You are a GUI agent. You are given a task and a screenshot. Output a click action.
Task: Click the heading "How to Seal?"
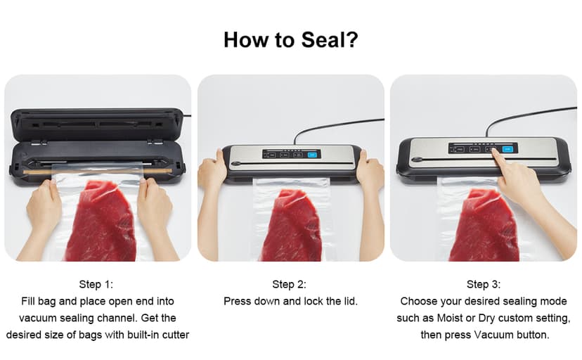(290, 39)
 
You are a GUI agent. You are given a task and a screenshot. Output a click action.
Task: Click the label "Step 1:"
(96, 284)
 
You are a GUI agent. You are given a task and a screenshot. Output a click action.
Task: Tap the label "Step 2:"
(290, 284)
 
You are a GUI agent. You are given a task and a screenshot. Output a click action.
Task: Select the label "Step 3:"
(484, 284)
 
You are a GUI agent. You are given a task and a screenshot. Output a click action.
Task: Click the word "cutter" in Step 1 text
(174, 335)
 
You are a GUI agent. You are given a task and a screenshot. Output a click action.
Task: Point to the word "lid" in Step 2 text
(349, 301)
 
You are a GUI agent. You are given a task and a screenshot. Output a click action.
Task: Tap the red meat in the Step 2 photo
(291, 225)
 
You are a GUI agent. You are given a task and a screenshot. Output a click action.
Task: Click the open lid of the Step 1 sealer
(97, 122)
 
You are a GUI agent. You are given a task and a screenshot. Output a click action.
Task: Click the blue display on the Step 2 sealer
(312, 154)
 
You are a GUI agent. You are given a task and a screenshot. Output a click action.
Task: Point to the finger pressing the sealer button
(500, 156)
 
